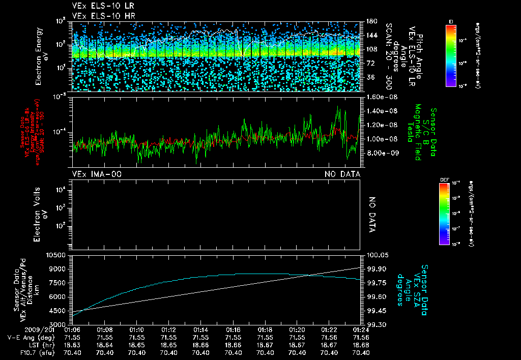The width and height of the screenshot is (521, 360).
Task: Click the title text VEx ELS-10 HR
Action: coord(98,16)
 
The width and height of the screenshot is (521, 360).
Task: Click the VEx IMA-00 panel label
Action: coord(97,174)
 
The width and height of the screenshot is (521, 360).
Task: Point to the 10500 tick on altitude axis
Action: coord(57,255)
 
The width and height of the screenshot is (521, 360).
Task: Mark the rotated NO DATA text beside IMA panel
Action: coord(371,215)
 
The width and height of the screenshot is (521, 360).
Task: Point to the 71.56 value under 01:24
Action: coord(361,337)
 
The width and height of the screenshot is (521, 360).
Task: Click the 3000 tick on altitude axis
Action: coord(59,324)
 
